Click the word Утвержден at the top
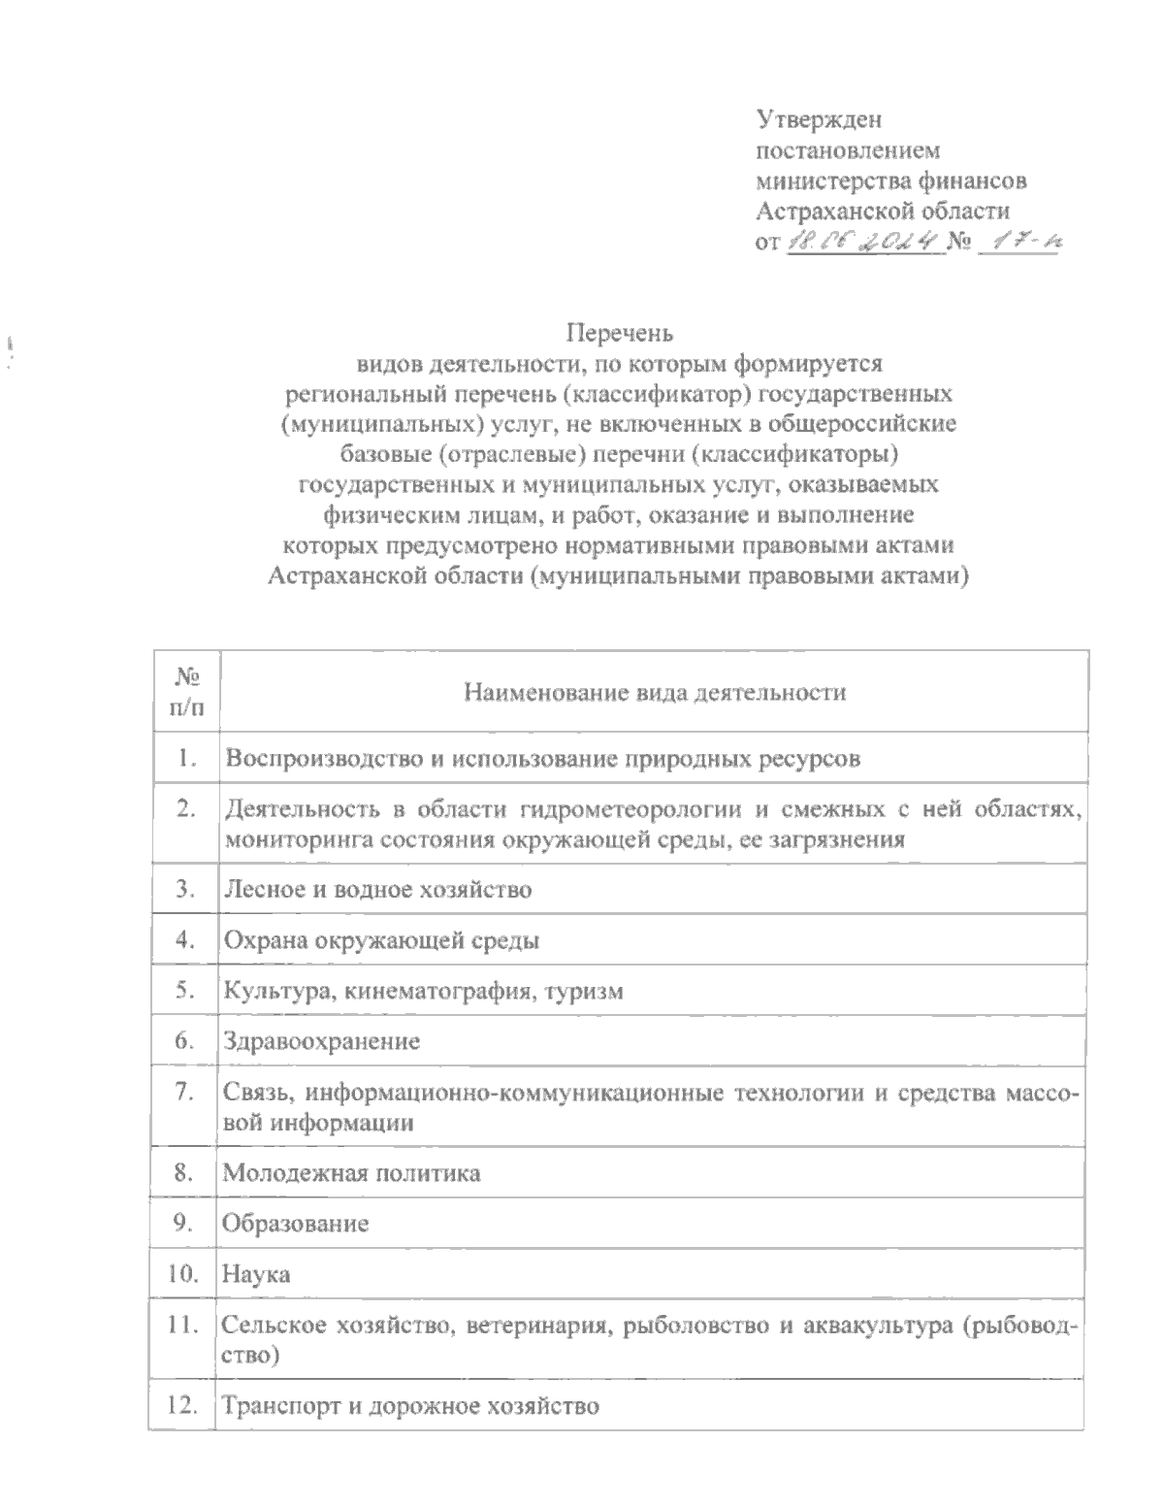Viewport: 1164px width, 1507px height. coord(819,120)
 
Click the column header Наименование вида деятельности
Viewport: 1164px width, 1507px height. coord(655,692)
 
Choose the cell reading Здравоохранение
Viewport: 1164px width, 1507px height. coord(322,1042)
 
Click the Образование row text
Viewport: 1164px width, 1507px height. coord(296,1223)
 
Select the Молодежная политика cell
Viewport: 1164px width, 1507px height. coord(352,1172)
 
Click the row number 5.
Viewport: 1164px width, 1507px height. coord(185,991)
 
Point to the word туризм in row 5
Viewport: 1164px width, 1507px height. coord(585,991)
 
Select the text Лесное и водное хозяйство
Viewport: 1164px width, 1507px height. coord(377,889)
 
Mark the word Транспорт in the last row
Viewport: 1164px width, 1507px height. coord(275,1405)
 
